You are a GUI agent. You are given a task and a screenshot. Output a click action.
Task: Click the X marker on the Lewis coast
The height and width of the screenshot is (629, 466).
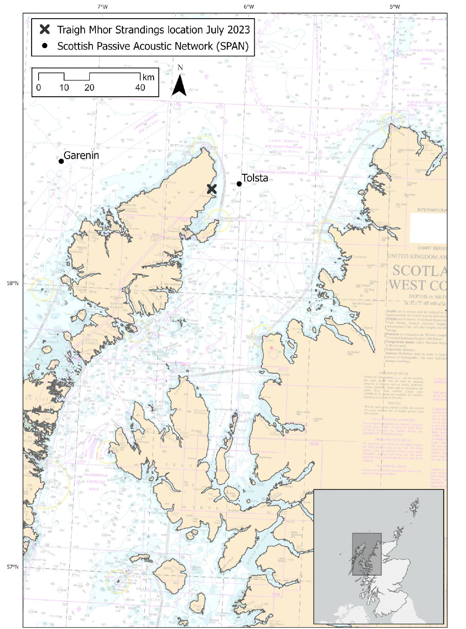[212, 189]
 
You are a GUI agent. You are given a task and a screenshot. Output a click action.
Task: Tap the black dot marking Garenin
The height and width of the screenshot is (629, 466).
[61, 161]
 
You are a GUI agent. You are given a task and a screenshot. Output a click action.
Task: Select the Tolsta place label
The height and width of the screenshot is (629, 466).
[255, 178]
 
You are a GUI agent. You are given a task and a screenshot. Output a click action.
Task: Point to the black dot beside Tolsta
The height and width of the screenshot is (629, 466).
[239, 184]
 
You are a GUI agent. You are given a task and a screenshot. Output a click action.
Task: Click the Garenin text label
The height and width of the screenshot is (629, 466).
[81, 155]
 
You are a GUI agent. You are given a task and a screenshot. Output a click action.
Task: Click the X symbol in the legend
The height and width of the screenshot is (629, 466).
[45, 29]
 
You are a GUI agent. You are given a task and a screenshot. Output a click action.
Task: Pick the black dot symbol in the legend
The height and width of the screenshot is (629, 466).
[45, 46]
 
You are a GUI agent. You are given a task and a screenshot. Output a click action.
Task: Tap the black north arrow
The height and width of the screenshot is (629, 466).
[179, 85]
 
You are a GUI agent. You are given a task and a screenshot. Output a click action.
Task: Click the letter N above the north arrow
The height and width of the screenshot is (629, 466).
[180, 67]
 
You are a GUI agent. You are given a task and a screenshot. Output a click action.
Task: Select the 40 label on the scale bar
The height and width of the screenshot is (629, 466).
[140, 88]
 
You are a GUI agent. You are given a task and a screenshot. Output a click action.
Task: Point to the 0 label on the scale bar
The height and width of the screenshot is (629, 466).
[39, 88]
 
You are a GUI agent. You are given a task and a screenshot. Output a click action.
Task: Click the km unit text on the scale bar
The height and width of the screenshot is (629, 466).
[148, 77]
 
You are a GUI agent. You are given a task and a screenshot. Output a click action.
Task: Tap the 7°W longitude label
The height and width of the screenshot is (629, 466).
[102, 7]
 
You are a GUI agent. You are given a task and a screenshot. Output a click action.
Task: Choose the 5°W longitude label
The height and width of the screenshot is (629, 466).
[394, 7]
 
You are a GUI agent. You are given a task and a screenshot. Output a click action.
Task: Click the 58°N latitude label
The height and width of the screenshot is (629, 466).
[13, 283]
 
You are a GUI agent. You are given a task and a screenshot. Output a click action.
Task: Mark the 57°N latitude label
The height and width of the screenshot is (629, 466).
[13, 567]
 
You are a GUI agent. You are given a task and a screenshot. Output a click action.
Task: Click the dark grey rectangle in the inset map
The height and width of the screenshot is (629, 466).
[367, 554]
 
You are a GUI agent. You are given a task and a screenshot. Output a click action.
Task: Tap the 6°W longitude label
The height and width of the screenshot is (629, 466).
[249, 7]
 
